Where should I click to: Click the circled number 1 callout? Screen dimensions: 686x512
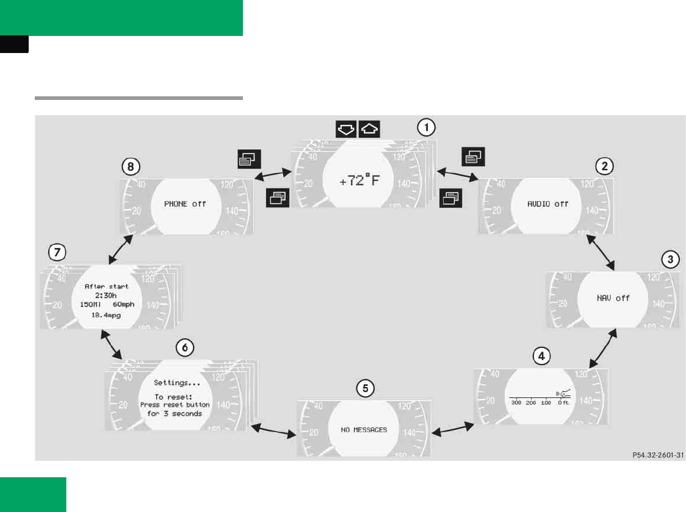click(426, 127)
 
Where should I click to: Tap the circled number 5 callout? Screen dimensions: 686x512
click(364, 388)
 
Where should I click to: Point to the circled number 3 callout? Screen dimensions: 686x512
click(670, 259)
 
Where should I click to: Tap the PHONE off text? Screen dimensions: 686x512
click(185, 204)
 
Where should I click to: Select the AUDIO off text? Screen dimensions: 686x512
click(547, 204)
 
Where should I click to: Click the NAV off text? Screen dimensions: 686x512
click(613, 298)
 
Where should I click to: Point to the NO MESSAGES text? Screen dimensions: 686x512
click(364, 430)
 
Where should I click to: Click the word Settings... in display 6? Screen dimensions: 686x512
click(177, 383)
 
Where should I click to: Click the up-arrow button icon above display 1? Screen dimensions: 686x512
click(369, 129)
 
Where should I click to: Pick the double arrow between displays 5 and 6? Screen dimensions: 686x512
click(273, 430)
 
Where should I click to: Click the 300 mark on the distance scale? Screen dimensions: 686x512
click(516, 404)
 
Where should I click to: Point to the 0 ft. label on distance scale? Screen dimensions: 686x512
click(564, 404)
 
